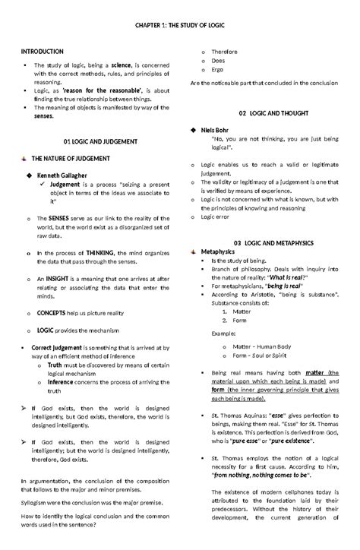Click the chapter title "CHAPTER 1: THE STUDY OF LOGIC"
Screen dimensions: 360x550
point(180,25)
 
